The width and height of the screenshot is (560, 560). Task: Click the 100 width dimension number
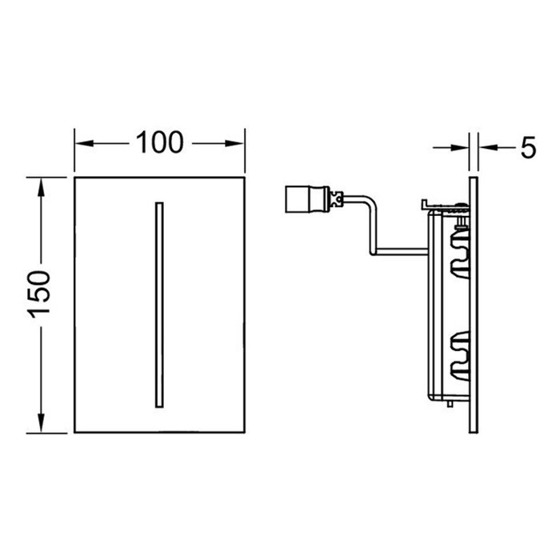[x=159, y=143]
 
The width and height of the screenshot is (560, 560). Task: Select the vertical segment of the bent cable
[x=373, y=228]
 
